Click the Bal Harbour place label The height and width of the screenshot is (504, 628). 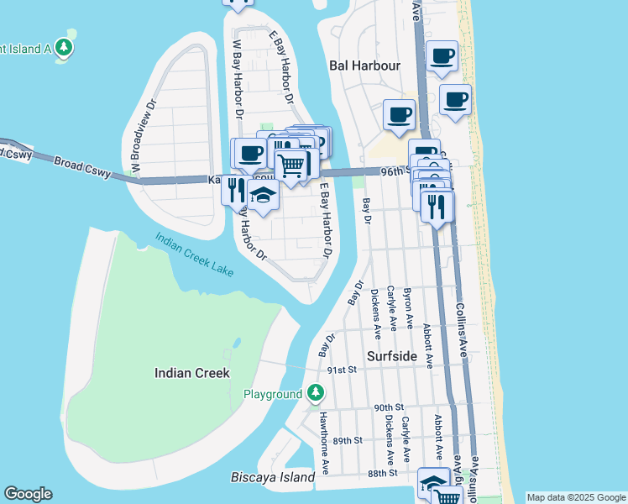[364, 65]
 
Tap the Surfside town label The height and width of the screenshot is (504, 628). [392, 356]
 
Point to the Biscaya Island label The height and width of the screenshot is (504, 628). [272, 477]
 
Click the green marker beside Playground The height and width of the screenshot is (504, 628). [315, 393]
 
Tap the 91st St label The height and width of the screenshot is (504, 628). [343, 370]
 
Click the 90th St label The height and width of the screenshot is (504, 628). [389, 407]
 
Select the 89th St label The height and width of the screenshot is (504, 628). [347, 440]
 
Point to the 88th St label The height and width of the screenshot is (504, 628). [382, 474]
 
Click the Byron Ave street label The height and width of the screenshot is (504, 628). [409, 307]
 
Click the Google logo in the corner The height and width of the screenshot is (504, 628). [28, 494]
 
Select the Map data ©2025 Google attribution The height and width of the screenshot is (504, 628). [576, 497]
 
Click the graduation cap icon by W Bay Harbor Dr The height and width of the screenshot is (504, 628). [263, 196]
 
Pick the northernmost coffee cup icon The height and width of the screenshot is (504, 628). [442, 56]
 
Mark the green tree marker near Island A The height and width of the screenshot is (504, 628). [64, 47]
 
